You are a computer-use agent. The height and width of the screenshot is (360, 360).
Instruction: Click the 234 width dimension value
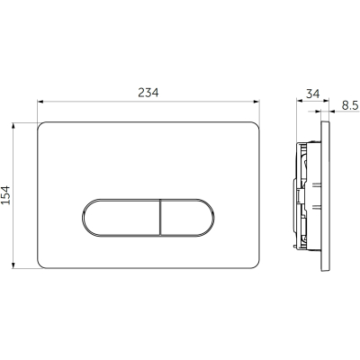click(x=148, y=93)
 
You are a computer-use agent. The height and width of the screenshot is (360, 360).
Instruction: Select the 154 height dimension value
click(x=5, y=195)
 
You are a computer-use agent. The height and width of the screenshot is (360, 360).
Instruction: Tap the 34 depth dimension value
click(x=313, y=94)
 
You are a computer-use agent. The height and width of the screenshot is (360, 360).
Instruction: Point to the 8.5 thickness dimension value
click(x=350, y=105)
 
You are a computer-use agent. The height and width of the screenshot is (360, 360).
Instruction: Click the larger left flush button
click(x=121, y=217)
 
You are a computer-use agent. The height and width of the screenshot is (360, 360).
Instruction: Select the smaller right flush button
click(x=187, y=217)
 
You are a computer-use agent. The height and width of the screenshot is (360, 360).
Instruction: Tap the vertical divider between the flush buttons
click(x=161, y=217)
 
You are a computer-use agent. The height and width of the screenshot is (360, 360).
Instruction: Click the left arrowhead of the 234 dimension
click(x=40, y=102)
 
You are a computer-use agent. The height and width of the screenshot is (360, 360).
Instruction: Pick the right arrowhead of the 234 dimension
click(x=256, y=102)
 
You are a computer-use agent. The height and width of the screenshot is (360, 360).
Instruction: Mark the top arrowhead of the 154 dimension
click(x=13, y=126)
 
